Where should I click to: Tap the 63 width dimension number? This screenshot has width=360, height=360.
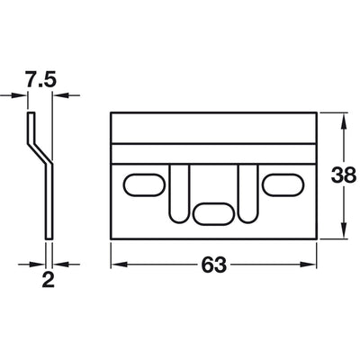pyautogui.click(x=212, y=265)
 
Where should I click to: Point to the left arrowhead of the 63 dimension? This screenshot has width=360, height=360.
pyautogui.click(x=115, y=265)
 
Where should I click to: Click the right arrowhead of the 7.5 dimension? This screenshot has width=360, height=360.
pyautogui.click(x=58, y=94)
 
